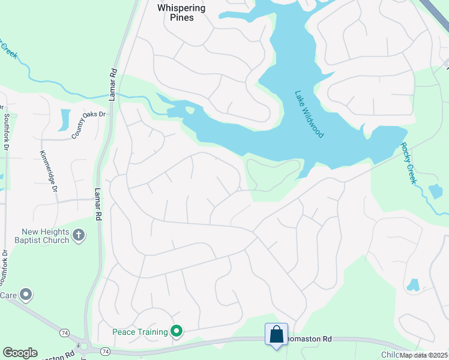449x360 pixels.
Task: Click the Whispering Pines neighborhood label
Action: [181, 13]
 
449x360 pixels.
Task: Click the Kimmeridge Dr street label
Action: [48, 171]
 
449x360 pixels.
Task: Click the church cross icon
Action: [79, 236]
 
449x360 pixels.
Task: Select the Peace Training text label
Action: [140, 331]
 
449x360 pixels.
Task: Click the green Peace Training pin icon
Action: [176, 331]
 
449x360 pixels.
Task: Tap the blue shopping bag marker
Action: [276, 334]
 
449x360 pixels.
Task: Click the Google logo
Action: [20, 353]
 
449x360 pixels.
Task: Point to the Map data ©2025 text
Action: [424, 355]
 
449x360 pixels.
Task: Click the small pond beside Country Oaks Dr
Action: [64, 119]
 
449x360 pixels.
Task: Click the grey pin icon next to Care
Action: [25, 295]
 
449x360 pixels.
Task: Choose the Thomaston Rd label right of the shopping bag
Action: [310, 339]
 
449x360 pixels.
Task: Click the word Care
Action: [8, 295]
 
